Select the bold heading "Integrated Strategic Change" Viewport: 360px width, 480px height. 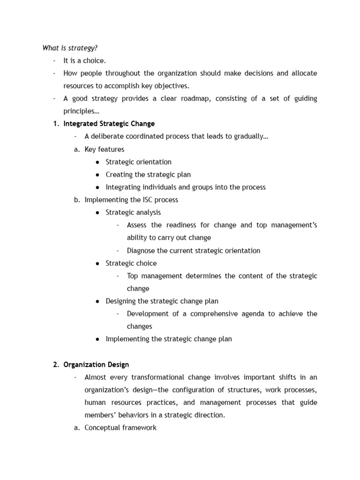click(x=109, y=124)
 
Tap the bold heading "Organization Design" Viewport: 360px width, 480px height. click(x=96, y=364)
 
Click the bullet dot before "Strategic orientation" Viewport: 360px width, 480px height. click(x=97, y=162)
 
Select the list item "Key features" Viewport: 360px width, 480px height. click(x=104, y=149)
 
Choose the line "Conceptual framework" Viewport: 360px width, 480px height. click(x=120, y=427)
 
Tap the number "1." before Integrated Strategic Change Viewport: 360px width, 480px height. click(x=56, y=124)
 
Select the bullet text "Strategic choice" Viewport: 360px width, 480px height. click(x=131, y=263)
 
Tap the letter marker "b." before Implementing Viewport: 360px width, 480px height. click(x=77, y=200)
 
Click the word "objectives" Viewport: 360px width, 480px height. click(x=173, y=86)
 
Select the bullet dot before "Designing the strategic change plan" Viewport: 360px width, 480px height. click(x=97, y=301)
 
